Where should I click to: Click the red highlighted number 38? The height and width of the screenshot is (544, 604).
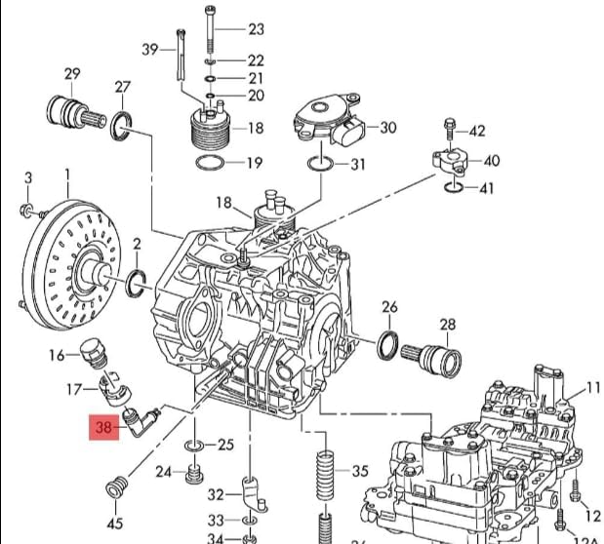(103, 426)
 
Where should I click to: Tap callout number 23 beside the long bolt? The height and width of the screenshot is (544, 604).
(256, 29)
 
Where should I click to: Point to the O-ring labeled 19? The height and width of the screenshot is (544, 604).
(211, 162)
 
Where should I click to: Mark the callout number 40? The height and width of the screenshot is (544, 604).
(491, 161)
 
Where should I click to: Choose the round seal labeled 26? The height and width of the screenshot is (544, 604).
(387, 344)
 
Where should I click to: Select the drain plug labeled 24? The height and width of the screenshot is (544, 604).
(193, 474)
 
